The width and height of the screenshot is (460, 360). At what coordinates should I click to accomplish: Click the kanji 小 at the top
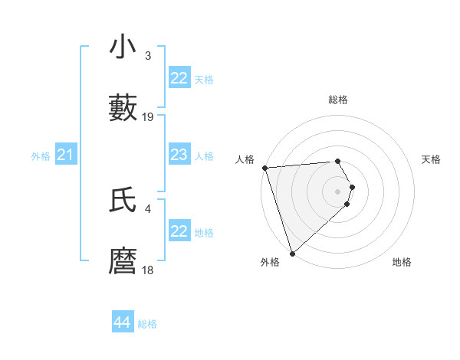[123, 47]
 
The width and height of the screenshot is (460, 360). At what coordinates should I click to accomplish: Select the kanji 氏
[123, 201]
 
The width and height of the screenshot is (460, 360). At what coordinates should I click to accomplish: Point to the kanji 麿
[123, 262]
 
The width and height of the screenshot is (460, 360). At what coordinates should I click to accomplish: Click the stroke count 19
[148, 117]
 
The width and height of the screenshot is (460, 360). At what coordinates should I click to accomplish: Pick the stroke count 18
[148, 270]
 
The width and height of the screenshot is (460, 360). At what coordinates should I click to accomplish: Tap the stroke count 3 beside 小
[148, 56]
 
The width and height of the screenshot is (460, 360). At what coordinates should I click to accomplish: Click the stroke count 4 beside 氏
[148, 208]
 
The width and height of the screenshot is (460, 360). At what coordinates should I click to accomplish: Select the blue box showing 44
[123, 322]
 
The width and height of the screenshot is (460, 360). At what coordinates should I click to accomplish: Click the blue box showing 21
[66, 155]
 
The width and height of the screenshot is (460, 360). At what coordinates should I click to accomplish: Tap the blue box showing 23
[179, 155]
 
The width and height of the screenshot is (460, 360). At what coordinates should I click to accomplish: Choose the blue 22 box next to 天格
[179, 78]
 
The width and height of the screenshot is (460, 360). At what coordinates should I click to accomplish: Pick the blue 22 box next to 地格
[179, 231]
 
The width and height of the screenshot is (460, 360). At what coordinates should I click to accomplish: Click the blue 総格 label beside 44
[147, 324]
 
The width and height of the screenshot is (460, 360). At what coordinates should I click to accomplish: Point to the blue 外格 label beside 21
[41, 156]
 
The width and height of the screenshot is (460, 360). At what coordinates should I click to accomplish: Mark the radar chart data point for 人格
[264, 168]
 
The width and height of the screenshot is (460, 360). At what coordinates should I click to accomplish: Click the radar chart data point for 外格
[292, 253]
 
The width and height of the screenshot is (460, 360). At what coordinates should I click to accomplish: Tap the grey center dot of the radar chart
[337, 191]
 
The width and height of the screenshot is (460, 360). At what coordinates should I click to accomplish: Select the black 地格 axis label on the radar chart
[402, 262]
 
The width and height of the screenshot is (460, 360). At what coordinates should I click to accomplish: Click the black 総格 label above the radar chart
[337, 100]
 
